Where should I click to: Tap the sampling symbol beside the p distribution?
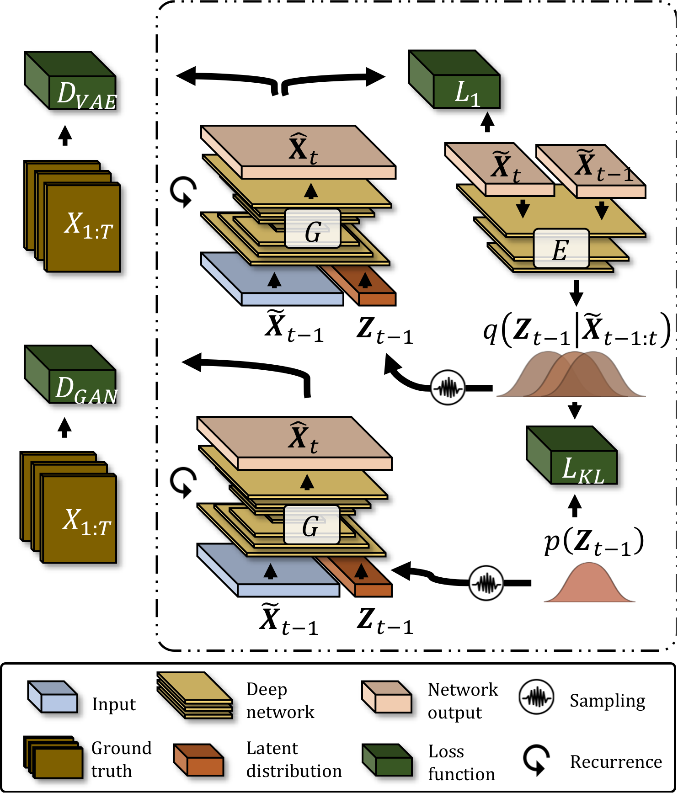point(486,583)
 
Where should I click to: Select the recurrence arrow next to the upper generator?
point(183,192)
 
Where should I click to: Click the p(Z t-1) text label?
point(593,542)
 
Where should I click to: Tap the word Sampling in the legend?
point(607,701)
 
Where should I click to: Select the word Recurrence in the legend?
point(616,762)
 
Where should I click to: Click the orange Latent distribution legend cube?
point(198,759)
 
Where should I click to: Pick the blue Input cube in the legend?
point(52,697)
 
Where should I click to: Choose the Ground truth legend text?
point(121,759)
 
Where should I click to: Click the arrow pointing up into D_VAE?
point(65,135)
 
